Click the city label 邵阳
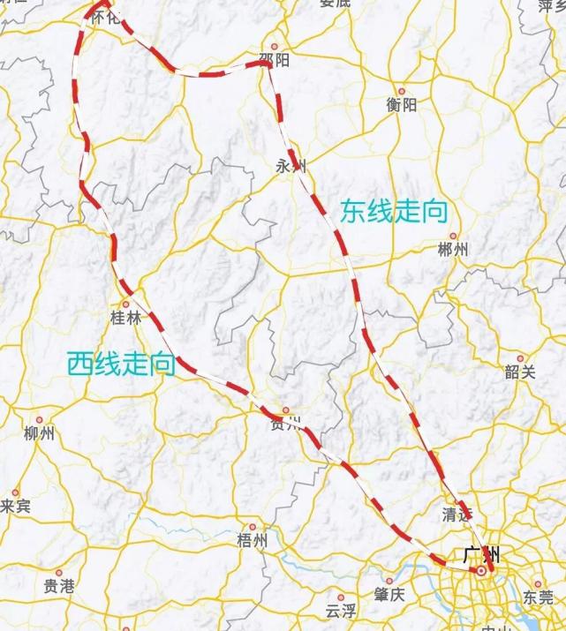point(275,60)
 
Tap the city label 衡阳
point(402,105)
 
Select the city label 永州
point(291,166)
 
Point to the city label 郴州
point(452,250)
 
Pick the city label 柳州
point(39,433)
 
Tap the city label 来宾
point(15,507)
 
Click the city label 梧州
point(252,541)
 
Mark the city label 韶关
point(520,372)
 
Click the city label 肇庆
point(389,593)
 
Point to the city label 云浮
point(340,610)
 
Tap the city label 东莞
point(538,597)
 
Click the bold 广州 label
point(481,555)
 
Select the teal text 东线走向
point(394,212)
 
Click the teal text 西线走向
point(121,363)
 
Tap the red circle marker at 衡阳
point(402,91)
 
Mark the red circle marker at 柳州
point(39,420)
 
